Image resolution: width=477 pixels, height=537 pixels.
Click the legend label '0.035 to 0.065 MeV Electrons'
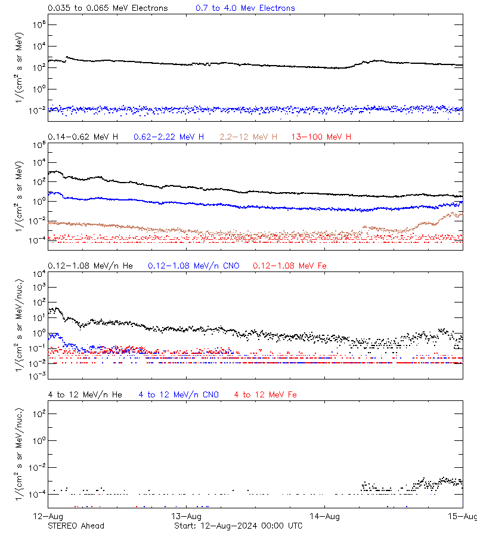tap(107, 8)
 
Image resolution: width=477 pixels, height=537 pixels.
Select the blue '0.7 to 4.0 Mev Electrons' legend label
tap(245, 8)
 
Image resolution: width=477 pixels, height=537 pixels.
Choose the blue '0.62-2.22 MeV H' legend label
tap(169, 137)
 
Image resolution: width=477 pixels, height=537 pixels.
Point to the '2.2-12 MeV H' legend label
tap(248, 137)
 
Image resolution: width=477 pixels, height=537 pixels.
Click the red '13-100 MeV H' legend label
tap(321, 137)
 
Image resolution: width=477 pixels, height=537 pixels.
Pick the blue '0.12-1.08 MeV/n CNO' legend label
tap(193, 266)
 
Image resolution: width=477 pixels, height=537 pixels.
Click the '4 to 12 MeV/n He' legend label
tap(85, 395)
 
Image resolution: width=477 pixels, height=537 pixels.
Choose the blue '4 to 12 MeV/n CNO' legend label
tap(178, 395)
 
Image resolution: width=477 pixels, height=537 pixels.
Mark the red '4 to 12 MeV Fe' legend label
tap(265, 395)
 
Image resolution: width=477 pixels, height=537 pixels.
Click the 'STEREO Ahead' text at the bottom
tap(76, 526)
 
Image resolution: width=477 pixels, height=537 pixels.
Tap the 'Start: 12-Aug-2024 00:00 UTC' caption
tap(238, 526)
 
